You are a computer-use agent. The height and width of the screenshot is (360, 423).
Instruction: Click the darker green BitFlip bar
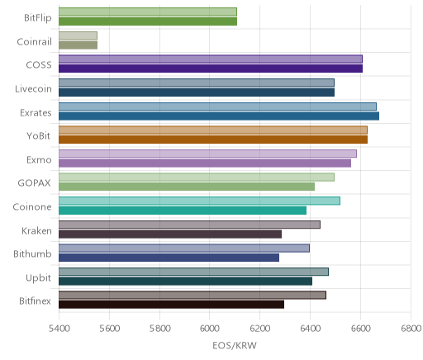(x=148, y=21)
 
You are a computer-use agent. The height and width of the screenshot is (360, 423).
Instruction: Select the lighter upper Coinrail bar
(x=78, y=36)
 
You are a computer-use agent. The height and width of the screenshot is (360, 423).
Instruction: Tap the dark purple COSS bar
(x=211, y=69)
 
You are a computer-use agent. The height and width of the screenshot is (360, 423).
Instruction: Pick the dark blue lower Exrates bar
(x=219, y=116)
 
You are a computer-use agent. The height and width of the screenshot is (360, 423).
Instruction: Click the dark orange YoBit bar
(x=213, y=140)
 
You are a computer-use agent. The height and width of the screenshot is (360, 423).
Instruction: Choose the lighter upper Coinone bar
(x=199, y=201)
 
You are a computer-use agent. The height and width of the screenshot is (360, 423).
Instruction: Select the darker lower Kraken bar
(x=170, y=234)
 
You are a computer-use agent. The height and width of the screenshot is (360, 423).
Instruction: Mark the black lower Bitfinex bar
(x=172, y=305)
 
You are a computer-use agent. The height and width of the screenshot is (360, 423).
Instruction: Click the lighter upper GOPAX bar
(x=197, y=178)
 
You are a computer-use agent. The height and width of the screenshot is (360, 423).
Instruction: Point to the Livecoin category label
(x=33, y=89)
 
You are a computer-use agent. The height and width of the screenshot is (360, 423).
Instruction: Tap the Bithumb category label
(x=32, y=253)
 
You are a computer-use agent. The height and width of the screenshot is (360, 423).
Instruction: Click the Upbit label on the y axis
(x=38, y=278)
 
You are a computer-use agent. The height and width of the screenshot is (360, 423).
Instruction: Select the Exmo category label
(x=39, y=160)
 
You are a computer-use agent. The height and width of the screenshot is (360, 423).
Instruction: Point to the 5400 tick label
(x=59, y=329)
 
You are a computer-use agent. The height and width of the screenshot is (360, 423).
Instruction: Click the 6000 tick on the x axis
(x=209, y=329)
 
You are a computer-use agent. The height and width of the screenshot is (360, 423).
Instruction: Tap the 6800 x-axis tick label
(x=411, y=329)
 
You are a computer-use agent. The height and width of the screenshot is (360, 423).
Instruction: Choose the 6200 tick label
(x=259, y=329)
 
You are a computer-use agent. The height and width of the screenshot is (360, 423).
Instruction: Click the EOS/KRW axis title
(x=235, y=345)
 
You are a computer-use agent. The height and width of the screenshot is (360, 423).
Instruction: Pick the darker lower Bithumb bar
(x=169, y=258)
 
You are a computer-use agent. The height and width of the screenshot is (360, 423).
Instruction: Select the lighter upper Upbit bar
(x=193, y=272)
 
